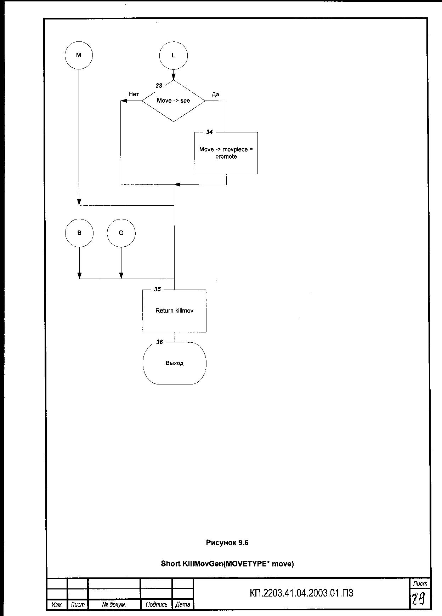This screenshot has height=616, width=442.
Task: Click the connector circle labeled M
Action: coord(79,55)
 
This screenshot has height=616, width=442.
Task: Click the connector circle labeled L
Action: coord(173,56)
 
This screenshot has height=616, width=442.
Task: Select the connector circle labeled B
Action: coord(79,233)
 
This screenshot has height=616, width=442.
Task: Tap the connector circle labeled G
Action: coord(121,233)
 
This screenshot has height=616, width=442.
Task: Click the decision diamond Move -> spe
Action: coord(174,101)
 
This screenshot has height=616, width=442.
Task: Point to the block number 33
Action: coord(159,86)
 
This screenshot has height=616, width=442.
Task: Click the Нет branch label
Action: coord(134,94)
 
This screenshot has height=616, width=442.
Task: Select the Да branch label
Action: coord(215,95)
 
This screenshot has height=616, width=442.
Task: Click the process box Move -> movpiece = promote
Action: coord(226,153)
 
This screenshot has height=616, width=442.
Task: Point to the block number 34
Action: coord(210,132)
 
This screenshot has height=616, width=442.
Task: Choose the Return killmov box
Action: coord(174,311)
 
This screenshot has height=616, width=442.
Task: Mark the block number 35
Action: coord(158,289)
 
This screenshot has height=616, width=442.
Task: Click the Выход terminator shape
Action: coord(174,363)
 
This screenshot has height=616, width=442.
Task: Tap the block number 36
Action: coord(160,342)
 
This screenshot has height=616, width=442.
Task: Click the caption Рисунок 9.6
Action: coord(227,543)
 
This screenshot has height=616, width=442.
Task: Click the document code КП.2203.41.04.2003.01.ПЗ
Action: coord(301,593)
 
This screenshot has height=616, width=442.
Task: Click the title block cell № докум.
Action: coord(114,605)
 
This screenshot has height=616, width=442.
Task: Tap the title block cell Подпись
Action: coord(156,605)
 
